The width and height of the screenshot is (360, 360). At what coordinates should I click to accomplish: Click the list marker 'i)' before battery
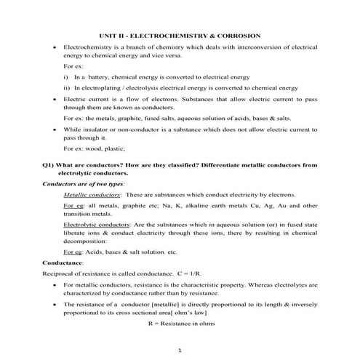click(x=66, y=76)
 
